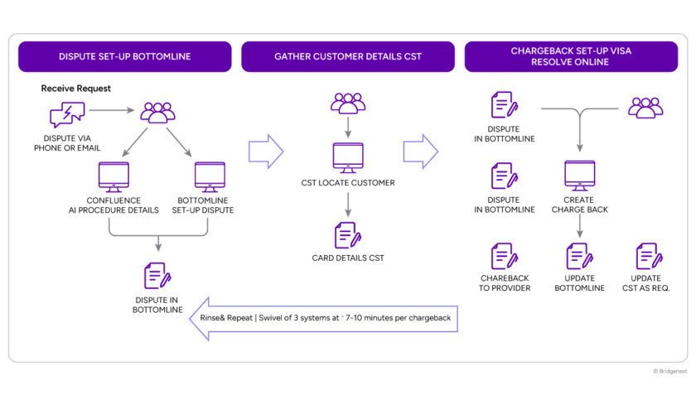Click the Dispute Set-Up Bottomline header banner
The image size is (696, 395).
(x=125, y=56)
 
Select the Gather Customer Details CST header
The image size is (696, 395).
(x=348, y=56)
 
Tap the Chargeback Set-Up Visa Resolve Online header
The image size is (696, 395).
(x=571, y=56)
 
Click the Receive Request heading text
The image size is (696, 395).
(x=76, y=89)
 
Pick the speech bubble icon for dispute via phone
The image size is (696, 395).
(x=67, y=114)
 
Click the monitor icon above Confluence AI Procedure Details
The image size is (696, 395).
(x=114, y=177)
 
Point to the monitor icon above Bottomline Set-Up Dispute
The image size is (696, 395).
(x=210, y=177)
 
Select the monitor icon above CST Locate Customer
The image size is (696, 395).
(x=348, y=158)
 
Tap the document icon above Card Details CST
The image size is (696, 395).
(x=347, y=235)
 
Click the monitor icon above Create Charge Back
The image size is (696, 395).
(x=580, y=176)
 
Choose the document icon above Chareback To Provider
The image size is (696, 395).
(x=505, y=256)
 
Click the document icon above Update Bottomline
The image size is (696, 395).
(x=580, y=256)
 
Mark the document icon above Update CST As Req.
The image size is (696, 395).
(x=650, y=256)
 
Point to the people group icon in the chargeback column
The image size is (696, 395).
(x=645, y=108)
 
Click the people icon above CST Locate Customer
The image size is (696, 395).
(x=348, y=104)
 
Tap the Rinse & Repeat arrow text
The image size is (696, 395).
(x=326, y=318)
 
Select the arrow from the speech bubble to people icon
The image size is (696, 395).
(x=111, y=110)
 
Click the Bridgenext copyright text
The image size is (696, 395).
(x=669, y=371)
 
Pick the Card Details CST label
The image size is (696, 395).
(x=348, y=258)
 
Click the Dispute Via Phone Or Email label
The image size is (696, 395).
(x=67, y=143)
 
